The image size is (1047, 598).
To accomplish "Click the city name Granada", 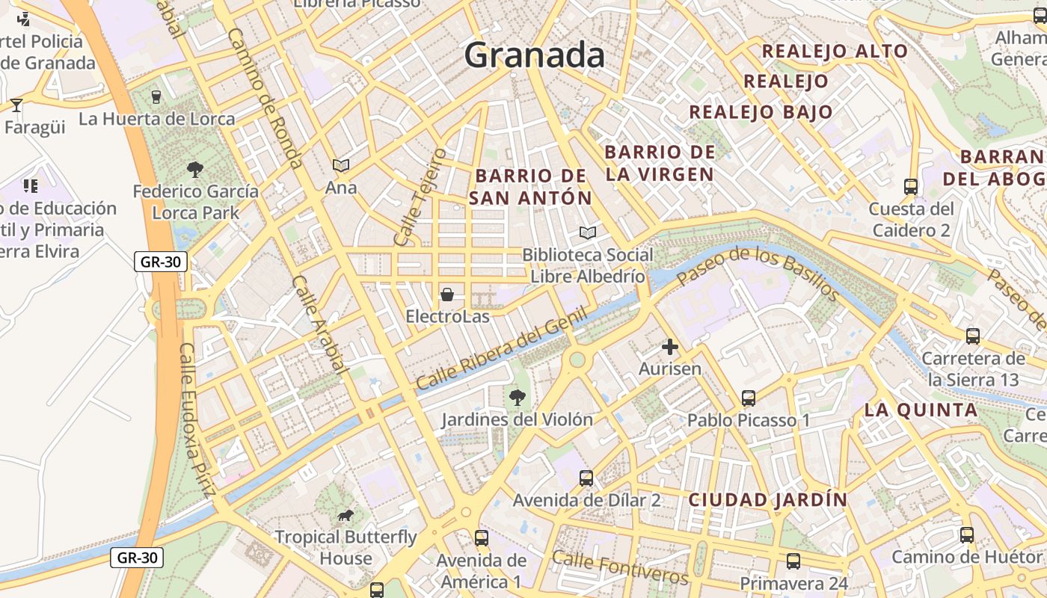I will click(534, 55).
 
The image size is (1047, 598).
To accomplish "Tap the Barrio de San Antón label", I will click(531, 187).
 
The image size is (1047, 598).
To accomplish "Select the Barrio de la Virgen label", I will click(660, 163).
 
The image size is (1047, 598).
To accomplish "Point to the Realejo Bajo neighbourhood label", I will click(761, 112).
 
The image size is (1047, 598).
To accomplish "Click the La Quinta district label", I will click(921, 410).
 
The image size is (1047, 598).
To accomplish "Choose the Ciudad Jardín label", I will click(768, 499).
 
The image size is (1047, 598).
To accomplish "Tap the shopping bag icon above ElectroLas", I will click(447, 295).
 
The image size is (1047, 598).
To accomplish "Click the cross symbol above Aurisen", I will click(670, 347).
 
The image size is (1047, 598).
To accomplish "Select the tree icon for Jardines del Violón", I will click(517, 397).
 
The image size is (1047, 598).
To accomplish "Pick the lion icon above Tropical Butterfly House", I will click(345, 515).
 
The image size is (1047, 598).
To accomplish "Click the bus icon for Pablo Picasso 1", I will click(749, 398).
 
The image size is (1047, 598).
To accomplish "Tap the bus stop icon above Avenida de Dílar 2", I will click(586, 478).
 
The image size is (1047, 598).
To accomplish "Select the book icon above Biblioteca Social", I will click(588, 233).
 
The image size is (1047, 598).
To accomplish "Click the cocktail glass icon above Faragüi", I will click(16, 105).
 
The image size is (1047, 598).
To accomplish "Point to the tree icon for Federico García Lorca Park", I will click(195, 170).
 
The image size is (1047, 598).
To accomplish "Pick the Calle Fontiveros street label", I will click(620, 568).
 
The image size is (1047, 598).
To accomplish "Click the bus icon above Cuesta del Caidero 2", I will click(911, 186).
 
